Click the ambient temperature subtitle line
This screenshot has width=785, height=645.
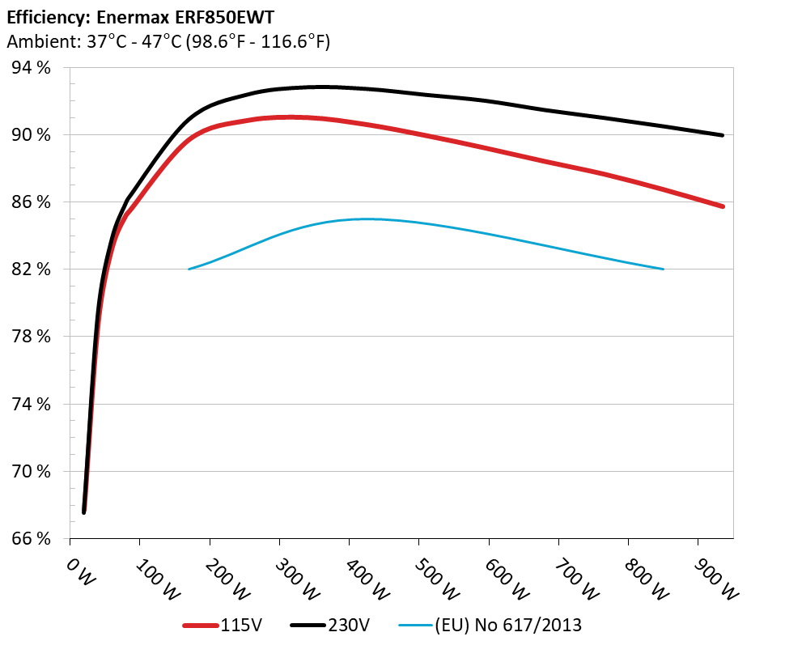coord(168,42)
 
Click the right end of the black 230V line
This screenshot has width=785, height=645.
coord(722,135)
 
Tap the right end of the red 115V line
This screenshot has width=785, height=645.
coord(722,206)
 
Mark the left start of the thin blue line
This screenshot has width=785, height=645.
coord(189,269)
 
